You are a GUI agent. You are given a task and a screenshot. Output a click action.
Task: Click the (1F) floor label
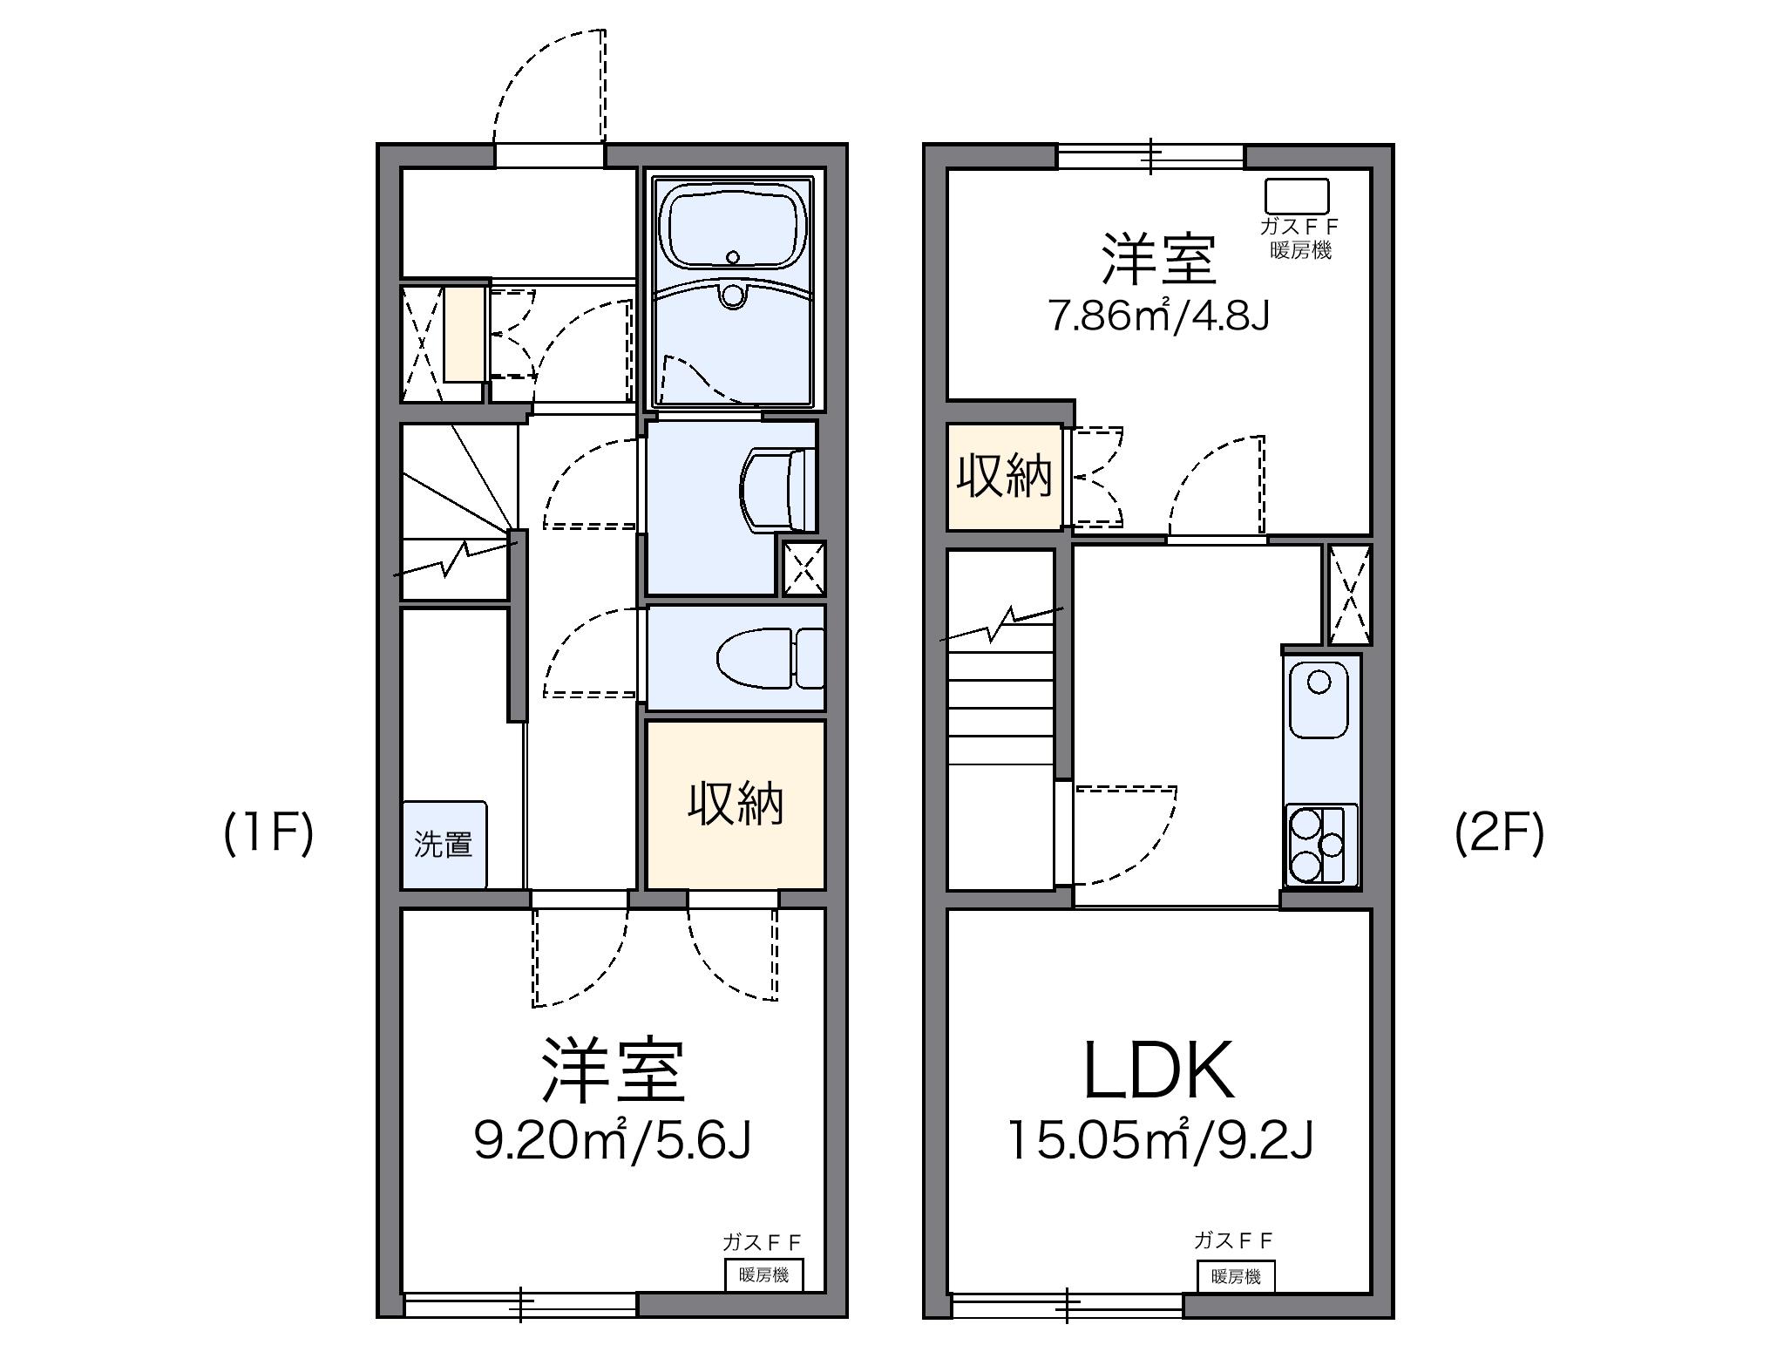click(x=268, y=834)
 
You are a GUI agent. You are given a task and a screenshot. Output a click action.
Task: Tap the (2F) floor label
click(x=1499, y=834)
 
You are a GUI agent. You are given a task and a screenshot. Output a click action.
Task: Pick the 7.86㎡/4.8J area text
click(x=1158, y=316)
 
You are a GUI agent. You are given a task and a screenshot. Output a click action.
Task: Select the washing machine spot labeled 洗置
click(x=444, y=845)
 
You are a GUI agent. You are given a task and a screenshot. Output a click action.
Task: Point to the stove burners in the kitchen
click(x=1319, y=844)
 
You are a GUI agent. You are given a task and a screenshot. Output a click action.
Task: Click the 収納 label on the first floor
click(x=736, y=804)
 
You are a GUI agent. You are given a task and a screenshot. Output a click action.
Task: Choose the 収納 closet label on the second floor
click(x=1004, y=477)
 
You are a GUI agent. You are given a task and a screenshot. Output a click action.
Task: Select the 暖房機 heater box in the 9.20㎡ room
click(x=763, y=1275)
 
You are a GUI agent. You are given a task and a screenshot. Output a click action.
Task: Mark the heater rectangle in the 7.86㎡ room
click(x=1297, y=196)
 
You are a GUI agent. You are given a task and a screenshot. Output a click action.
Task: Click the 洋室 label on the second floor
click(x=1158, y=259)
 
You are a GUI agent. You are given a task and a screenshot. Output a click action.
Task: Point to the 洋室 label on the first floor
click(x=613, y=1070)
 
